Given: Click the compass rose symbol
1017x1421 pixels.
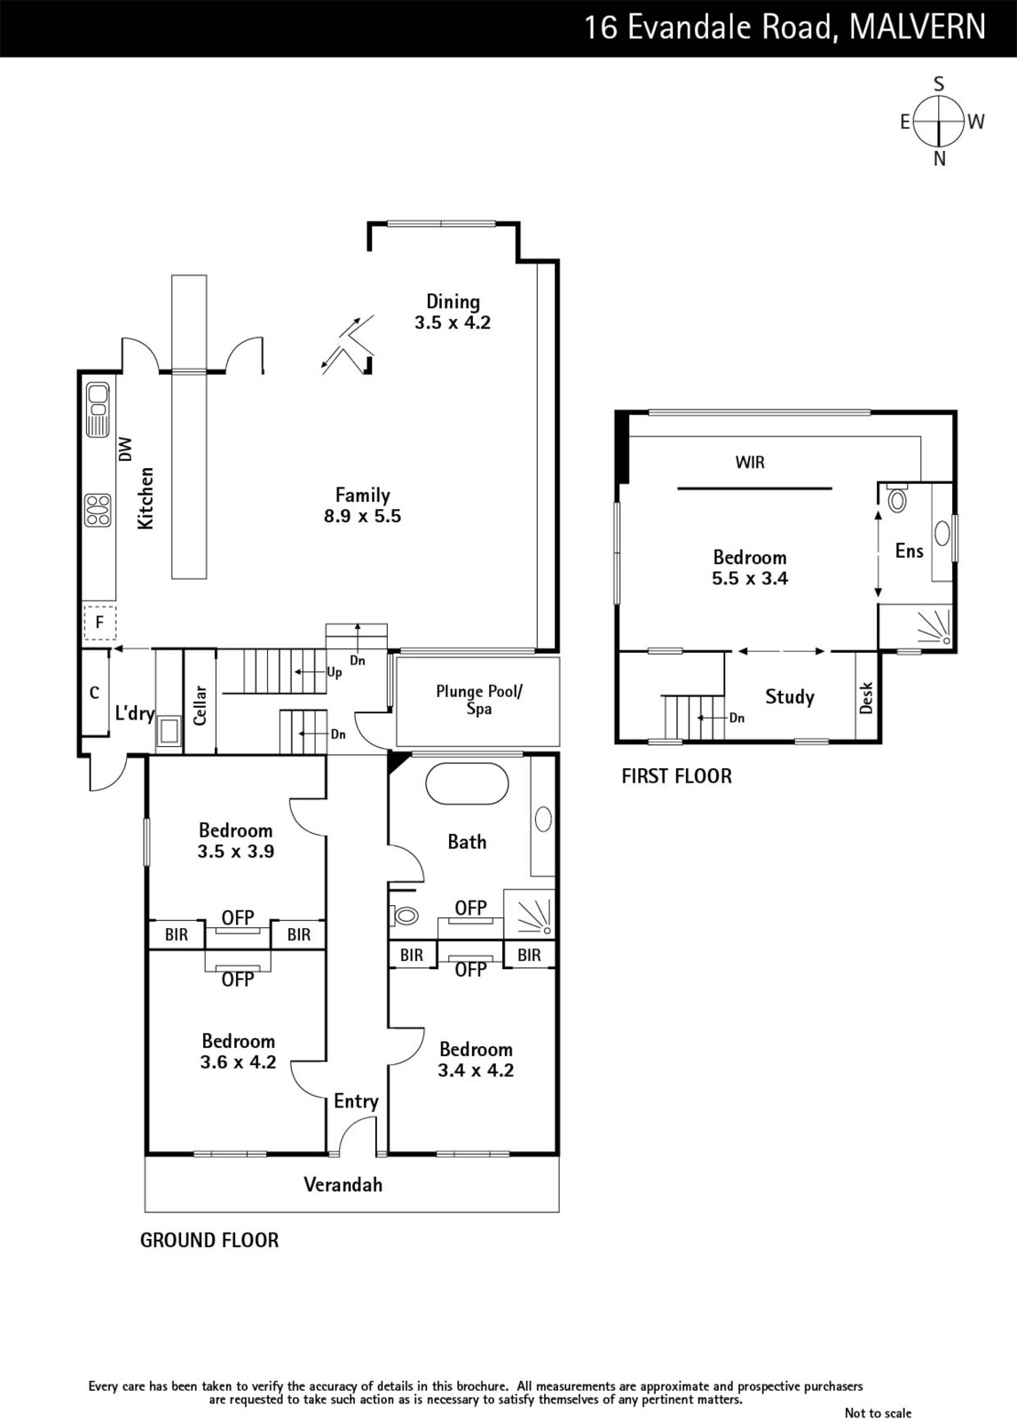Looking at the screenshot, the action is tap(940, 121).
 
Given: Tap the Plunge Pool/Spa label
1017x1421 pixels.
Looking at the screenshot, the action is tap(478, 700).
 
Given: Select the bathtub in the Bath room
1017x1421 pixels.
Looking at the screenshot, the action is tap(467, 784).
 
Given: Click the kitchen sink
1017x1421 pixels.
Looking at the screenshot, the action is tap(98, 409).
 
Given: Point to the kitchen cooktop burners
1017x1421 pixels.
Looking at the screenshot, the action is tap(98, 510).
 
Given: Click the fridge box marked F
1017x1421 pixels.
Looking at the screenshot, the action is tap(99, 623).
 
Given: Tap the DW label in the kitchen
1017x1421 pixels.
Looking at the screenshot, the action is tap(125, 449).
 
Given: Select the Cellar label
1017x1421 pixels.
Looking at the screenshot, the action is tap(200, 705).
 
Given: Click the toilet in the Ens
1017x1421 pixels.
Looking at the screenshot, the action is tap(895, 500).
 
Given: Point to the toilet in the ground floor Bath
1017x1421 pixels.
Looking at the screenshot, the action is tap(404, 916).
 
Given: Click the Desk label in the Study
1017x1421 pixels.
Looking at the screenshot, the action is tap(866, 697).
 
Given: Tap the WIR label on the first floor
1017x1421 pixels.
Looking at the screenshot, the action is tap(750, 463).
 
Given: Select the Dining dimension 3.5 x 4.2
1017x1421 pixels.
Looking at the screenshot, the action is tap(453, 322).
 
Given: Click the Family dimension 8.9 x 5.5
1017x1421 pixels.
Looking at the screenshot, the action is tap(363, 516).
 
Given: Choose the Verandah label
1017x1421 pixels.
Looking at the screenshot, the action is tap(343, 1185).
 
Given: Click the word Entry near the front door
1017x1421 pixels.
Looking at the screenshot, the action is tap(357, 1101).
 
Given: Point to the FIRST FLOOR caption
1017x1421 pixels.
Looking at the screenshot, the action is tap(676, 776).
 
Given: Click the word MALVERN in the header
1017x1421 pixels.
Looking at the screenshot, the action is tap(917, 27).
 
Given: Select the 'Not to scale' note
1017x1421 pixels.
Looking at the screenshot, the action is tap(879, 1413).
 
